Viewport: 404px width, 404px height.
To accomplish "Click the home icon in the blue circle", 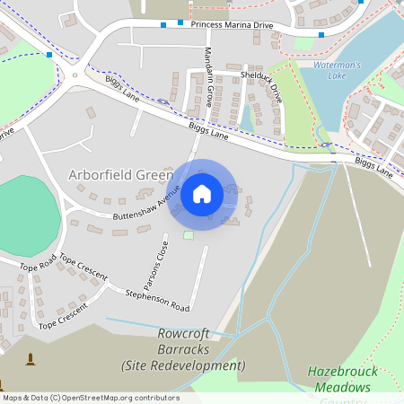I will (x=202, y=193).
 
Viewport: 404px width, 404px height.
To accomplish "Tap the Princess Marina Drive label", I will (x=231, y=24).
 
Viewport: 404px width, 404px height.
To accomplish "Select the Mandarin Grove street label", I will (x=208, y=76).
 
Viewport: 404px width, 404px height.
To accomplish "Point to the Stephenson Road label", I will (x=157, y=294).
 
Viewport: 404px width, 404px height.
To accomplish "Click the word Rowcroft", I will (x=182, y=333).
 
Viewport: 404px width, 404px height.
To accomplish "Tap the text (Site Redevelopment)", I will (x=183, y=365).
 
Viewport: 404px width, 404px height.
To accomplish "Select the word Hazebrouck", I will (x=339, y=371).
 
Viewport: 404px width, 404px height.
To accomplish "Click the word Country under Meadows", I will (x=342, y=399).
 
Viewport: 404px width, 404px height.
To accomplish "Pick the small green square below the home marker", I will (x=189, y=235).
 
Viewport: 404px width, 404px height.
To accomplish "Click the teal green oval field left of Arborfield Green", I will (x=27, y=206).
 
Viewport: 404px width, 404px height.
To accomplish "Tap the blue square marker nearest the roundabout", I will (x=50, y=55).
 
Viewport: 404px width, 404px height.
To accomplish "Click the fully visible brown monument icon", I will (x=31, y=360).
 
